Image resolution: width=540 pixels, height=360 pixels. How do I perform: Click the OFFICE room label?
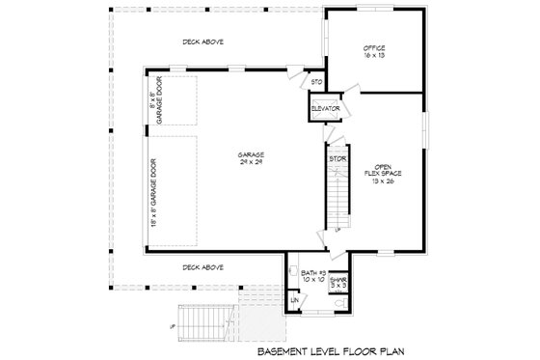(374, 47)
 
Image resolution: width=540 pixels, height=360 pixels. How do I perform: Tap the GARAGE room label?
(252, 154)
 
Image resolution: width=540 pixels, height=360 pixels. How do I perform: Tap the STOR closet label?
(337, 157)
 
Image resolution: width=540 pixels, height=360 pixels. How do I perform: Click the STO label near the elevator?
(315, 82)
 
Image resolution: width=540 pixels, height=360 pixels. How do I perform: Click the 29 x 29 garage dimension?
(252, 161)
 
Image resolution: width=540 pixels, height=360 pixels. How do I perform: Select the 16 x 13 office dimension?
(374, 55)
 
